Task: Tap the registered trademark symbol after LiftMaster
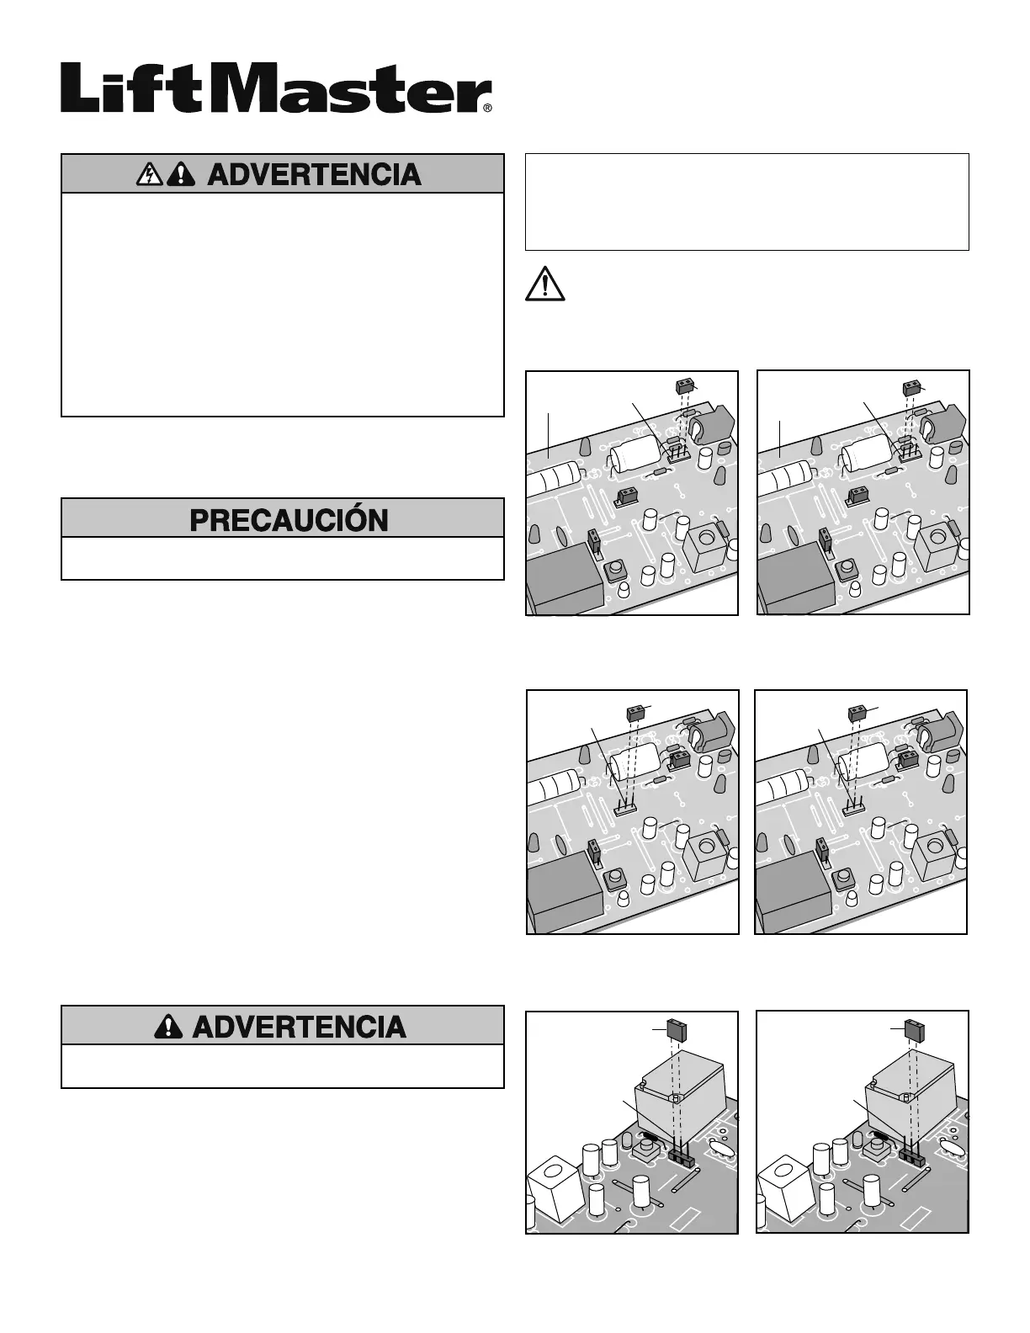coord(486,108)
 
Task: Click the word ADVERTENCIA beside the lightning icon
coord(314,174)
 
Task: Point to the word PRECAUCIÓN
coord(289,519)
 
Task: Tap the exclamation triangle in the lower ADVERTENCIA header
coord(170,1027)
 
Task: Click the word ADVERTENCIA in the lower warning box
coord(299,1027)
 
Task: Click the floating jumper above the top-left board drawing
coord(687,386)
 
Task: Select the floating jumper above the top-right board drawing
coord(912,387)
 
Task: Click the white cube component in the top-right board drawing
coord(937,544)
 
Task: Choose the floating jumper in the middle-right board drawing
coord(858,712)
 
